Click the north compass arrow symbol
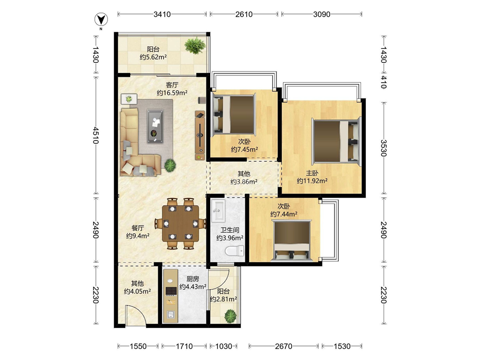101,20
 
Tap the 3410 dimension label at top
162,14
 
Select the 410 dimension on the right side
384,83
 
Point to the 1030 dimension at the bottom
224,346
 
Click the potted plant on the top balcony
195,45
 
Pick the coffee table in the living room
155,126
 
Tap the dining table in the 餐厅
180,223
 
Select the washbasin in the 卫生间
218,211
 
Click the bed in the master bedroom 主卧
336,141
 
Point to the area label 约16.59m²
172,93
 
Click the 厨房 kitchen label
193,279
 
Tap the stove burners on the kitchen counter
171,291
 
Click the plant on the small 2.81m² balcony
230,316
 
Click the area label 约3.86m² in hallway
244,182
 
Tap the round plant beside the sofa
170,165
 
